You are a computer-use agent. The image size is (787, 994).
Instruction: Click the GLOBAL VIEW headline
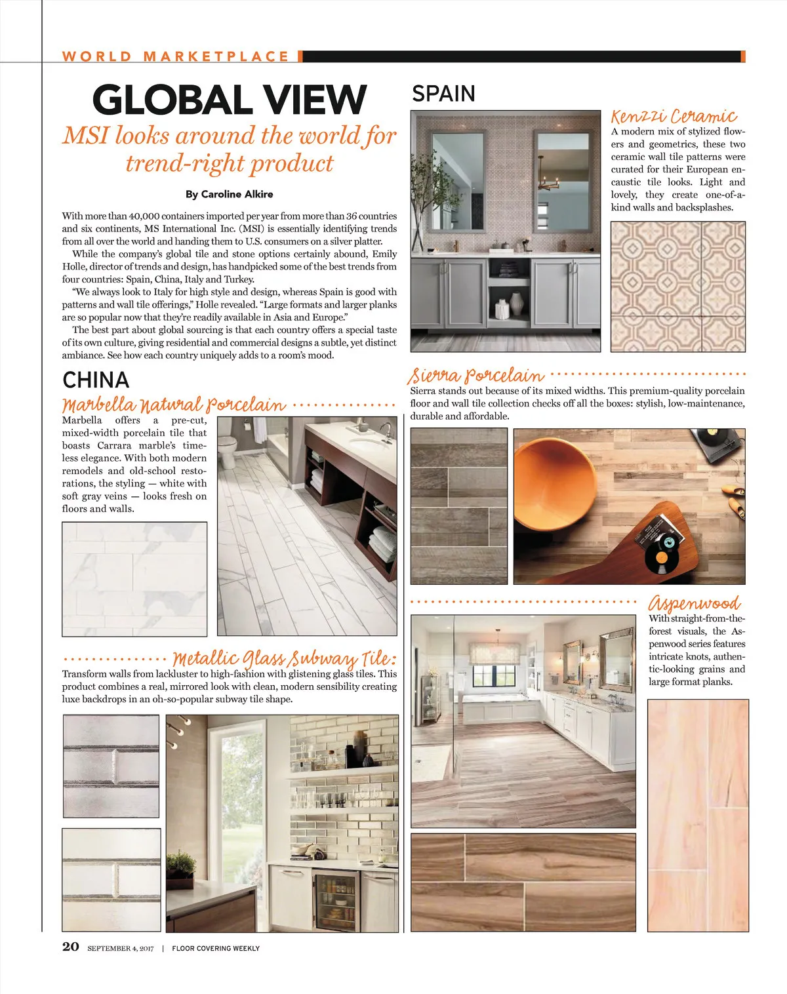tap(229, 100)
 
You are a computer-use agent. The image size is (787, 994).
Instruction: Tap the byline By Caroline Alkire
tap(229, 194)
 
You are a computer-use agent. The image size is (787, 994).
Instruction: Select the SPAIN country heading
tap(443, 94)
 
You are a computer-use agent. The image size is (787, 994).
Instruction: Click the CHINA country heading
tap(96, 380)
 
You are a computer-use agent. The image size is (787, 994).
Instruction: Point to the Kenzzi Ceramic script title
tap(674, 117)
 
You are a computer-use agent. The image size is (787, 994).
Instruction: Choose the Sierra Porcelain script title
tap(476, 376)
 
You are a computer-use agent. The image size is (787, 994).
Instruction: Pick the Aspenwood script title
tap(695, 603)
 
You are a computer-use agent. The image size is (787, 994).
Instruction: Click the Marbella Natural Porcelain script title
tap(174, 405)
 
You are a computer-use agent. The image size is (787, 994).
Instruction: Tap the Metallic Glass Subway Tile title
tap(285, 658)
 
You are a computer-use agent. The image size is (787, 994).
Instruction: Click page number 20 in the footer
tap(71, 946)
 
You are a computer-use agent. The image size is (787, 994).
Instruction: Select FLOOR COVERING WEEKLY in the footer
tap(216, 948)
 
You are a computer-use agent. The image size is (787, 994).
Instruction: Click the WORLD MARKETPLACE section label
tap(176, 56)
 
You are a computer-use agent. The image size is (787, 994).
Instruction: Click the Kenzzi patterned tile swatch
tap(678, 287)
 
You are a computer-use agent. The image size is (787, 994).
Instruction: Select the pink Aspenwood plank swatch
tap(698, 815)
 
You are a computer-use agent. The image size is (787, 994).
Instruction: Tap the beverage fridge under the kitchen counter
tap(336, 901)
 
